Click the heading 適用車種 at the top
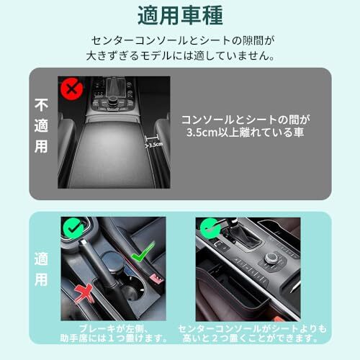[x=180, y=16]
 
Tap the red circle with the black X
[x=72, y=89]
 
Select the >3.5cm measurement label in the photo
[x=153, y=145]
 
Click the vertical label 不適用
[x=41, y=125]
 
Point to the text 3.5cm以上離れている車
[x=246, y=132]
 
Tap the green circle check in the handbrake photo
[x=73, y=228]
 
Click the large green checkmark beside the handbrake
[x=143, y=251]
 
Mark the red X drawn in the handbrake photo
[x=84, y=293]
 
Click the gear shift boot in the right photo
[x=246, y=235]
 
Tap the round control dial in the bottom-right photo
[x=271, y=258]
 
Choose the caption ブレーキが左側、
[x=113, y=329]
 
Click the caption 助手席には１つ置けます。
[x=113, y=338]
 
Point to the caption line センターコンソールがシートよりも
[x=252, y=329]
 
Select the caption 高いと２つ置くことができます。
[x=251, y=338]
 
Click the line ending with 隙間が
[x=183, y=40]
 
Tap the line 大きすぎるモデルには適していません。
[x=180, y=55]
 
